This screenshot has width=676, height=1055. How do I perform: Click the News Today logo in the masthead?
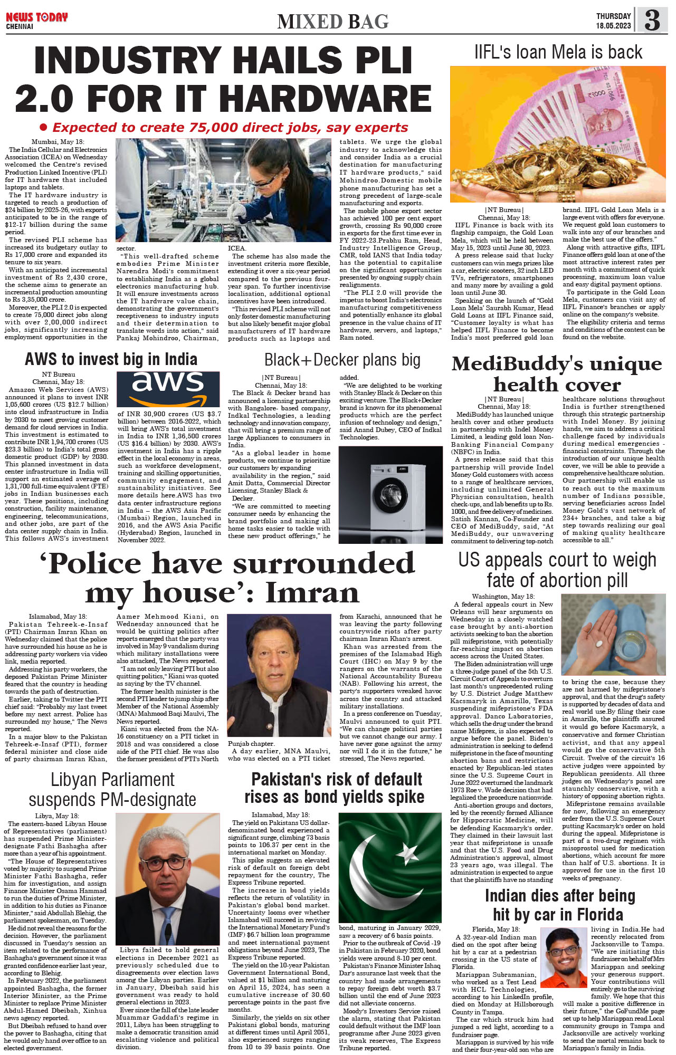pos(36,17)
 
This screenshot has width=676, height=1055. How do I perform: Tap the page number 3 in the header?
pos(652,20)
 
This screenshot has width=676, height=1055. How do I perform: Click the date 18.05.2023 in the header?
pos(613,26)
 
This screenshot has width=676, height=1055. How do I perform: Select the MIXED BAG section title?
pos(333,22)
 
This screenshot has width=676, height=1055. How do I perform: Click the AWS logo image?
pos(168,388)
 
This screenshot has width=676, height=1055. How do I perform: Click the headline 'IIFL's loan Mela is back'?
pos(558,52)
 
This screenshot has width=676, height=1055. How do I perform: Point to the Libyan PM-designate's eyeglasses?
pos(168,865)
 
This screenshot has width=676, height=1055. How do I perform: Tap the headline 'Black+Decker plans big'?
pos(342,360)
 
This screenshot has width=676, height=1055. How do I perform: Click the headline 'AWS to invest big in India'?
pos(111,360)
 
